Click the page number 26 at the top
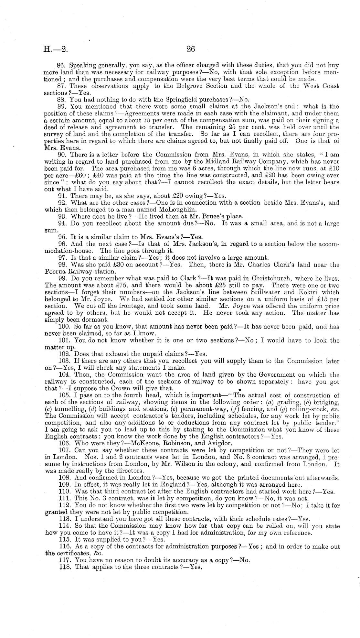coord(190,49)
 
